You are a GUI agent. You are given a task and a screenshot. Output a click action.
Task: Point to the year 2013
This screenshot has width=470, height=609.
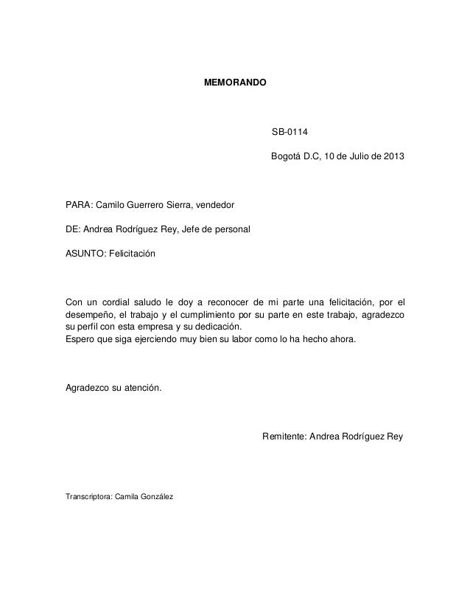click(x=392, y=159)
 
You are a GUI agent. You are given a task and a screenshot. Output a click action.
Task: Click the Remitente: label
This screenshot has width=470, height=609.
click(x=285, y=436)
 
